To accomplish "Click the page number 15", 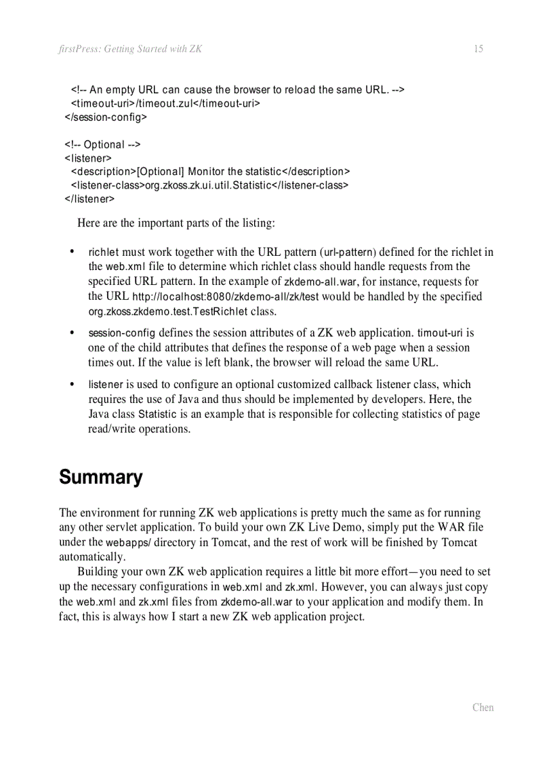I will click(x=478, y=49).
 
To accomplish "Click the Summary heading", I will click(x=101, y=477).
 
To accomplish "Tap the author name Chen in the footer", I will click(x=483, y=707).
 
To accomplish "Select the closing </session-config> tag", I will click(x=106, y=117).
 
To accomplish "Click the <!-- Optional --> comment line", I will click(x=103, y=145).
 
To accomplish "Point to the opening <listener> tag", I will click(x=88, y=158).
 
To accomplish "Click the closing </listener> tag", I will click(x=90, y=199).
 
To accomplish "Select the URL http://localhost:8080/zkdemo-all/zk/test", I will click(x=225, y=297).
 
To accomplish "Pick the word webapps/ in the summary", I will click(x=129, y=543).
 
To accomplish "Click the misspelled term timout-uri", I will click(x=441, y=333).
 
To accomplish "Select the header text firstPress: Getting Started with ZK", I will click(x=131, y=49).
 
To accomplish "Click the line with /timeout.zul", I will click(x=166, y=103).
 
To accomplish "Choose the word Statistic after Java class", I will click(x=157, y=415).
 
